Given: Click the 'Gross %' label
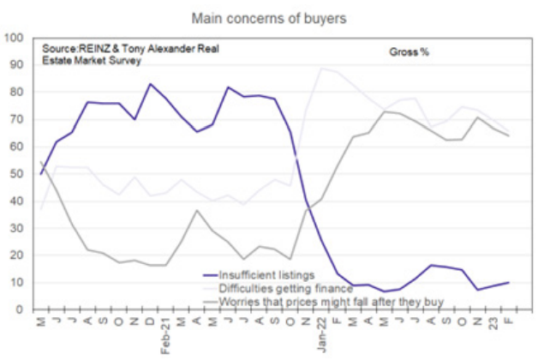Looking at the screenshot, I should point(409,52).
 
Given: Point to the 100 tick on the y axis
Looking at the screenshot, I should point(15,38).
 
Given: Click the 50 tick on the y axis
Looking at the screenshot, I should point(17,174).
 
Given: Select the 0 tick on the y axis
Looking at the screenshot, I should point(21,309).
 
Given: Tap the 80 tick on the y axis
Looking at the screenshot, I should point(17,93).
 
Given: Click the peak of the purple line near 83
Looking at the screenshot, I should point(150,84).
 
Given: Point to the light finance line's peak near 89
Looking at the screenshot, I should point(320,69).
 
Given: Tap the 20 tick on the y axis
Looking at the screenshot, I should point(17,255).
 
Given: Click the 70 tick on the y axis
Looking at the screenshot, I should point(17,119).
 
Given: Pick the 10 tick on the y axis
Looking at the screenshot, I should point(17,282).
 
